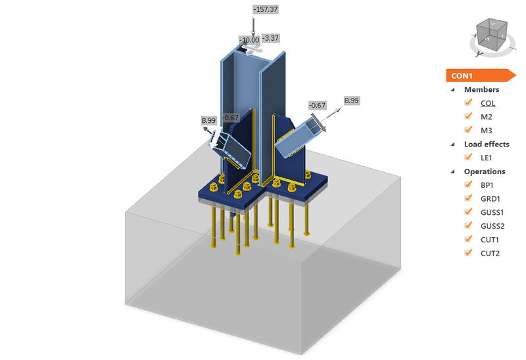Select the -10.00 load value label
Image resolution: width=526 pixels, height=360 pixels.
tap(249, 40)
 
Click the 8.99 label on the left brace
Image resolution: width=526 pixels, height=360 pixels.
tap(209, 120)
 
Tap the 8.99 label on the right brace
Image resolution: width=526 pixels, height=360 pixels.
tap(352, 101)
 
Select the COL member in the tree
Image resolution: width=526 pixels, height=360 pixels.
tap(487, 103)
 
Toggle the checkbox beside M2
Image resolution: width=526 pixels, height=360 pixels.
tap(469, 116)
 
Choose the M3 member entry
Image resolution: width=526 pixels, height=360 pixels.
tap(487, 130)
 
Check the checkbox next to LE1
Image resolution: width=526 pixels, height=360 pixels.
tap(469, 157)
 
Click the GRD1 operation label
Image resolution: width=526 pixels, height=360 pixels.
tap(490, 198)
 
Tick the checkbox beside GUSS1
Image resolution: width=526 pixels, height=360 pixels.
tap(469, 212)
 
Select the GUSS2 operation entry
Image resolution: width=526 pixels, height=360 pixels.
tap(492, 226)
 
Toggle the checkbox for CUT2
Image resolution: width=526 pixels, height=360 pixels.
tap(469, 253)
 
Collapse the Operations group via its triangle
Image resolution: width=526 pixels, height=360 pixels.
tap(452, 171)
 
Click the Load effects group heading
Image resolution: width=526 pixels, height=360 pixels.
tap(487, 144)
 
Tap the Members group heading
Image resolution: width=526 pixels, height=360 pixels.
tap(481, 89)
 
